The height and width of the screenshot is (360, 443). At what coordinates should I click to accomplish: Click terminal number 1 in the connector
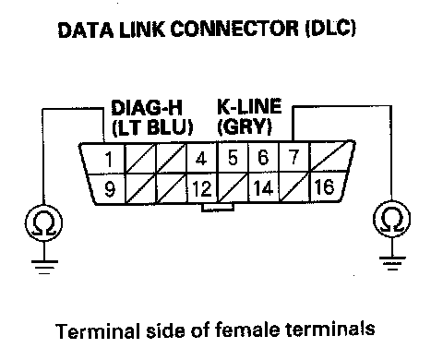[x=108, y=159]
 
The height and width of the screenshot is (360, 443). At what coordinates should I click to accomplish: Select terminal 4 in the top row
[x=201, y=159]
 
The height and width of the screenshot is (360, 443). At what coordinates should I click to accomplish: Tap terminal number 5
[x=233, y=158]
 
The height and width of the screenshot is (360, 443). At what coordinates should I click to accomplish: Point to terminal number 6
[x=263, y=157]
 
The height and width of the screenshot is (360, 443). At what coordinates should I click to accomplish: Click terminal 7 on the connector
[x=294, y=157]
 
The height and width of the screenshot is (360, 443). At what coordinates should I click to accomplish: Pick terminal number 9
[x=110, y=189]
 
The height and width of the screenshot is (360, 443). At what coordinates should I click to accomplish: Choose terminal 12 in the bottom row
[x=201, y=188]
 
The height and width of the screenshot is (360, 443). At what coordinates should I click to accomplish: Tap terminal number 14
[x=263, y=187]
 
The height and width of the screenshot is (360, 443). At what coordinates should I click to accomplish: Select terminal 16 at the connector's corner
[x=324, y=186]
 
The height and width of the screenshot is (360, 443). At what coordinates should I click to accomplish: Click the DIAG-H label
[x=147, y=108]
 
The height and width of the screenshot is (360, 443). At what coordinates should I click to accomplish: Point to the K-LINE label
[x=249, y=106]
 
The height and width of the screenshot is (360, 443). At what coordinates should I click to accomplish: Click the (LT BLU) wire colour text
[x=152, y=127]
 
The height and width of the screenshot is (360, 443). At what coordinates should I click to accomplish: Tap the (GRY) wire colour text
[x=245, y=126]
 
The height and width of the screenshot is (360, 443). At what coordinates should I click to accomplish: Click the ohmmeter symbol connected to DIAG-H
[x=43, y=223]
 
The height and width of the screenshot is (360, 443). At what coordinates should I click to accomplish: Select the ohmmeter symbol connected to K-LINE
[x=391, y=219]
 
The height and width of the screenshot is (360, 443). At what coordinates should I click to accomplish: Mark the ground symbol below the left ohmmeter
[x=44, y=267]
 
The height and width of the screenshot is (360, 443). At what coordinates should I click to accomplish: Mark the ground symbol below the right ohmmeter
[x=392, y=263]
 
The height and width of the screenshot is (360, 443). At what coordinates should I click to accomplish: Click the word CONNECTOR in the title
[x=234, y=30]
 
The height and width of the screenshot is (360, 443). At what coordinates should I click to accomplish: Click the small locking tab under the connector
[x=218, y=208]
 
